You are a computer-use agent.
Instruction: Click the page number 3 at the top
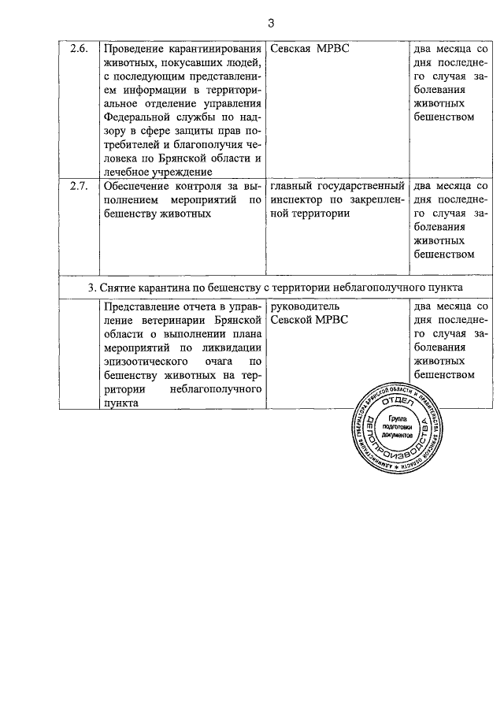click(270, 23)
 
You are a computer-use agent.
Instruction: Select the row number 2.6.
click(79, 49)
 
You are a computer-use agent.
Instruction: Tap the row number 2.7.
click(79, 187)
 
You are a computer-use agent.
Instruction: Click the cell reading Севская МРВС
click(310, 49)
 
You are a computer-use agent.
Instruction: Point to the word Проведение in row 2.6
click(133, 49)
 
